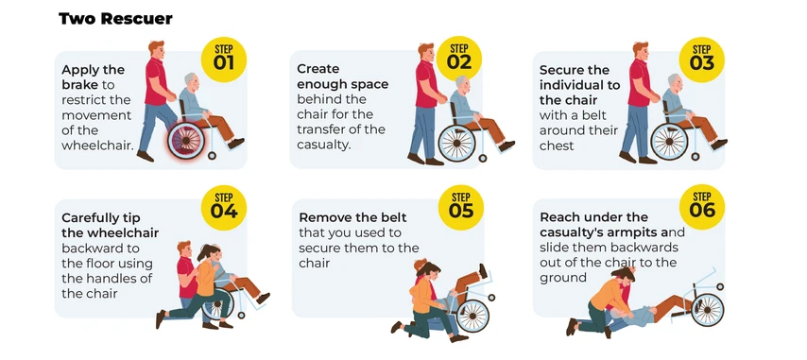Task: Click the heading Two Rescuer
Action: (115, 18)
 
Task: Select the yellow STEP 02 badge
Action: (459, 60)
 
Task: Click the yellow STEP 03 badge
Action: (702, 60)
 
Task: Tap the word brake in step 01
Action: (81, 84)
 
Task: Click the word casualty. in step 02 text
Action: (324, 144)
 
